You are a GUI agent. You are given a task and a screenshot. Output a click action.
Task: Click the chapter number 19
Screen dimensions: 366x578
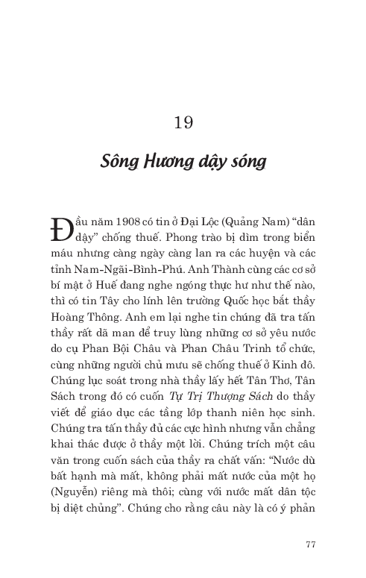tap(183, 122)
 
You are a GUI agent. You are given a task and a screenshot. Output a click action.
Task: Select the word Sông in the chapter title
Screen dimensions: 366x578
tap(119, 161)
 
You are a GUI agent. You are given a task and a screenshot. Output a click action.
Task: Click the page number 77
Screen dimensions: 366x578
tap(311, 543)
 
